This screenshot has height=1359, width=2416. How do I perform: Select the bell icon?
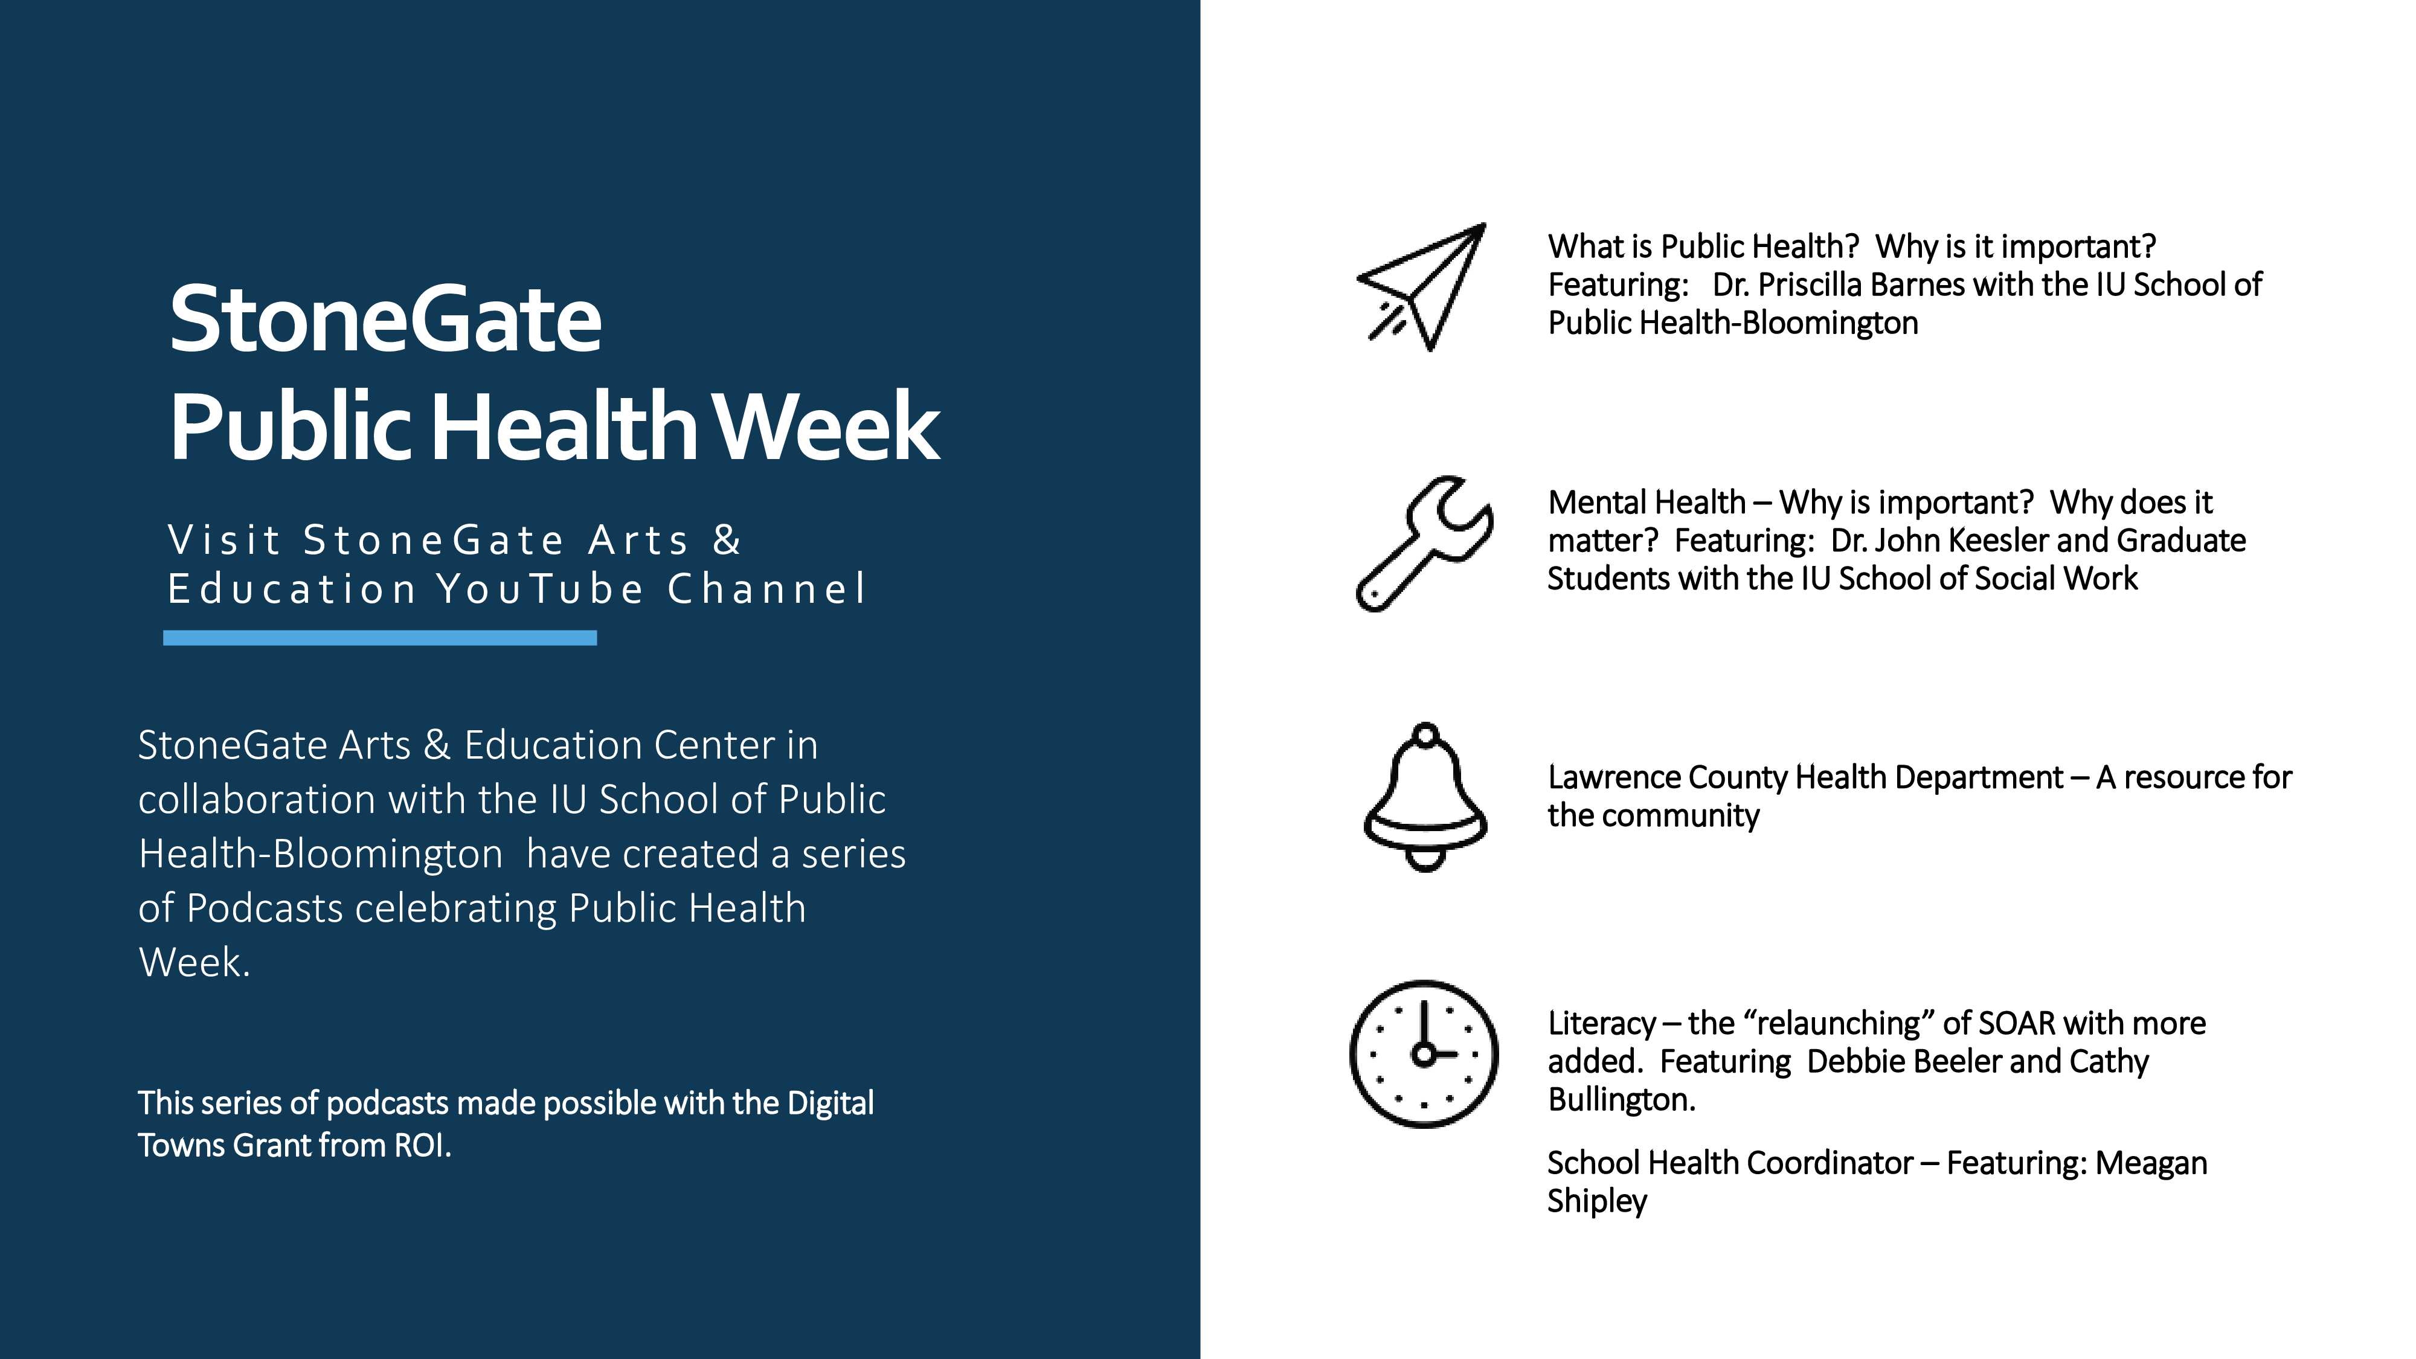click(1425, 797)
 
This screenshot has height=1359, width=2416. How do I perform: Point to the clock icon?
click(1424, 1053)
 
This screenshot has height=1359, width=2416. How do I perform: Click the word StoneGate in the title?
click(385, 320)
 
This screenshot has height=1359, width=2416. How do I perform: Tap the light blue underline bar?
click(380, 638)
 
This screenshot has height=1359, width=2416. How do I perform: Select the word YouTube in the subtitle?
click(541, 589)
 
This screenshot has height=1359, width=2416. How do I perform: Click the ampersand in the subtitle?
click(727, 540)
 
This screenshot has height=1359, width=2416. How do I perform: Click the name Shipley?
click(1597, 1201)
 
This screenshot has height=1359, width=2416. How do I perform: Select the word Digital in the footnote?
click(830, 1104)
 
